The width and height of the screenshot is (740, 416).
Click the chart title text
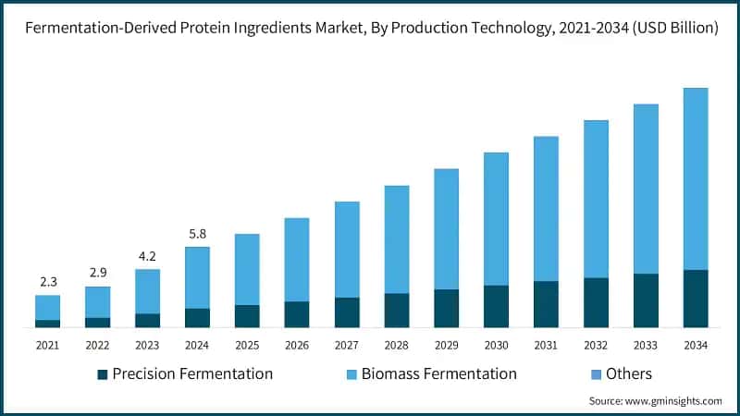click(x=370, y=29)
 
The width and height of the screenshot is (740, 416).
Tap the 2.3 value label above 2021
click(x=47, y=282)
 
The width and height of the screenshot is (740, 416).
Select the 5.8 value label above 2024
click(x=197, y=234)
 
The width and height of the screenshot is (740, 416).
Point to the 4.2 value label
click(x=147, y=256)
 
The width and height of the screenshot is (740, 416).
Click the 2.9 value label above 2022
click(x=97, y=274)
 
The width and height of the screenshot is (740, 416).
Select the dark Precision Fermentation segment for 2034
click(x=695, y=299)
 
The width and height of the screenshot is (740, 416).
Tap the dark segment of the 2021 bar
click(x=47, y=324)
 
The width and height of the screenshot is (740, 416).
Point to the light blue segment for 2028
click(x=396, y=239)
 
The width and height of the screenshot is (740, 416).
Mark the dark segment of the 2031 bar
click(x=546, y=304)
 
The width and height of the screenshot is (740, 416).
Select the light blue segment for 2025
click(x=247, y=269)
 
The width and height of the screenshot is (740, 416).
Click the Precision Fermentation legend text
click(x=192, y=374)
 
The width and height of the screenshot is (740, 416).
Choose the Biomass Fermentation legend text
click(x=438, y=374)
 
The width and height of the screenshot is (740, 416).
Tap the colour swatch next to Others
click(x=594, y=374)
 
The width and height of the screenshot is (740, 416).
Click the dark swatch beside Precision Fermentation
click(x=103, y=374)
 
